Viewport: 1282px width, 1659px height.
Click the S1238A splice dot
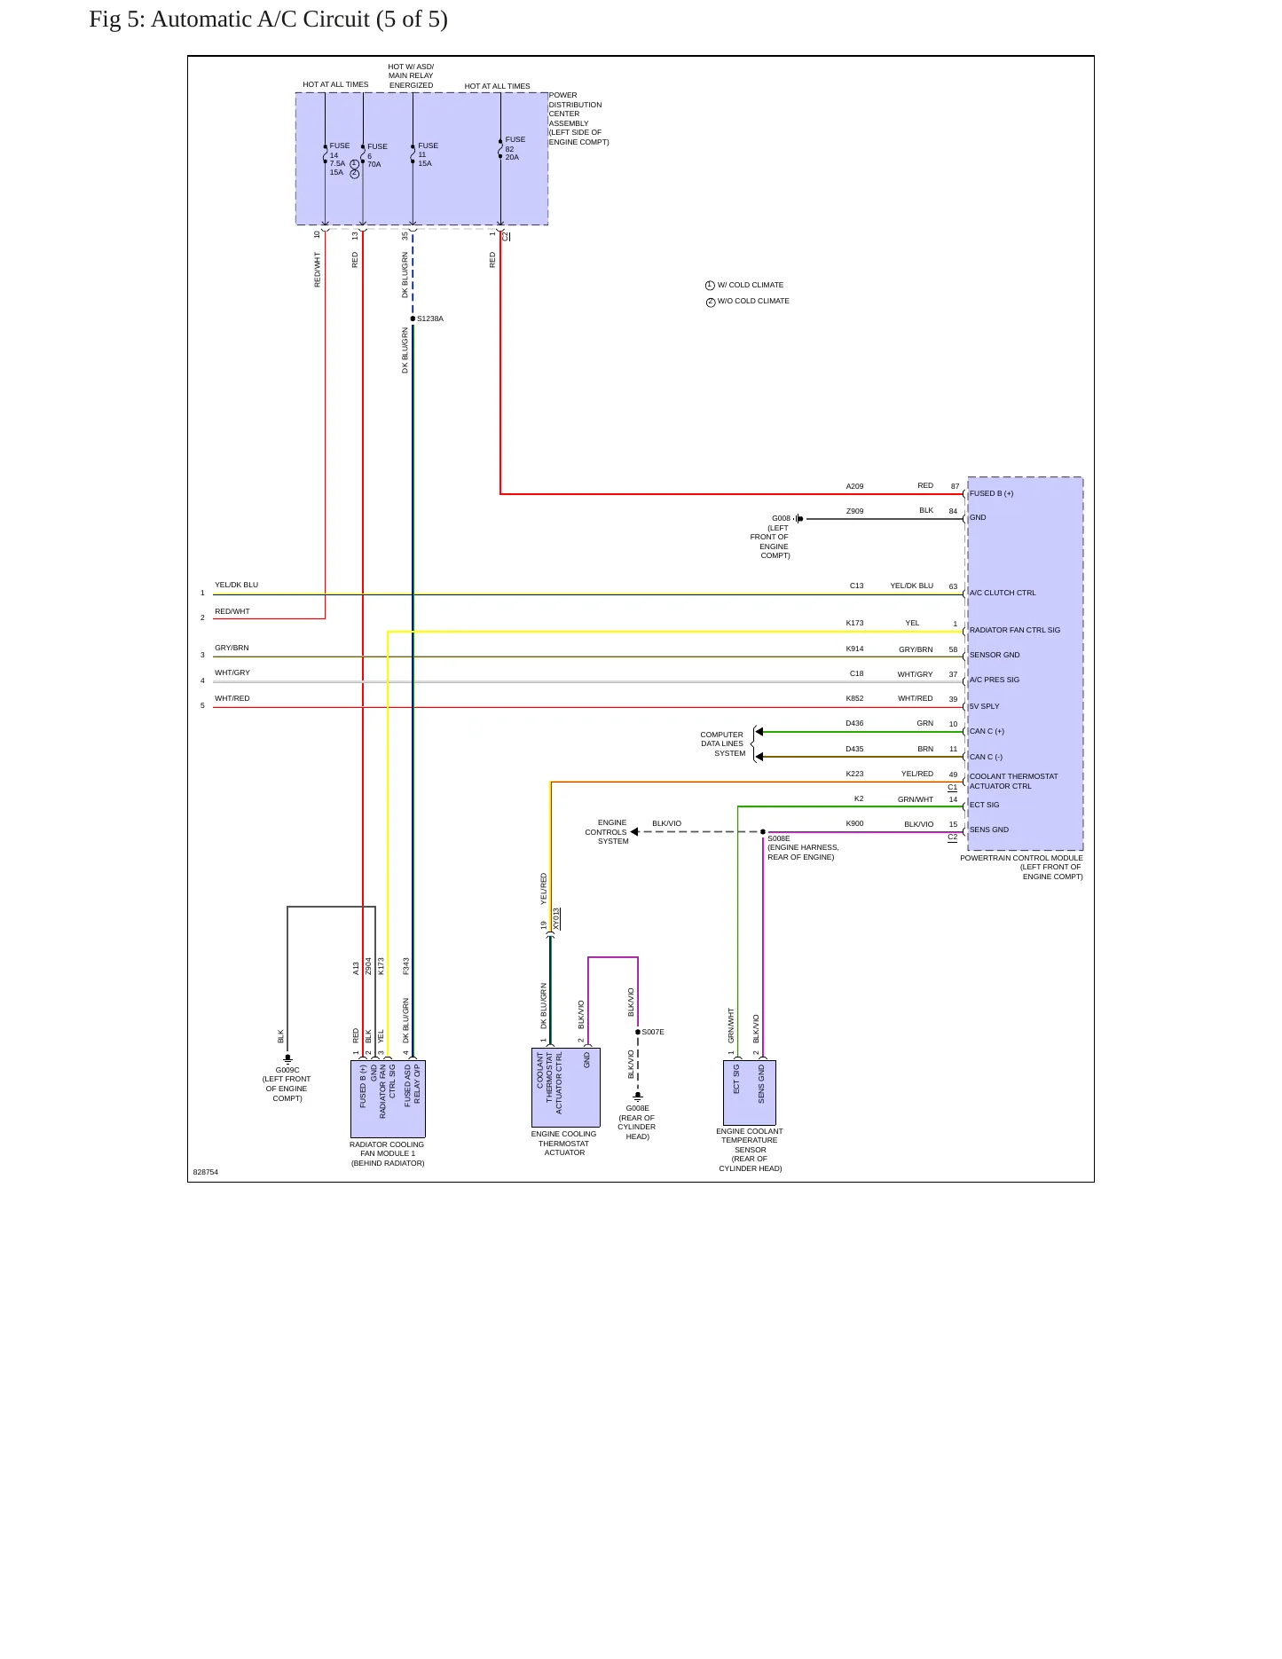(x=413, y=318)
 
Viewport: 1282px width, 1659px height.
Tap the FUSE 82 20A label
(x=515, y=148)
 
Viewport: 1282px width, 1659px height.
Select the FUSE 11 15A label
(x=428, y=154)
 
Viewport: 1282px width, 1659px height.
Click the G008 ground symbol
(x=798, y=519)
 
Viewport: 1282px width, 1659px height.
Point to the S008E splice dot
(x=763, y=832)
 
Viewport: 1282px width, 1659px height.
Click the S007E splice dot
(x=638, y=1032)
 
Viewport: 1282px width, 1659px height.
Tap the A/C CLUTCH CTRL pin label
(x=1003, y=593)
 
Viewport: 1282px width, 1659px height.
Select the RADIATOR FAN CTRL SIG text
(x=1015, y=630)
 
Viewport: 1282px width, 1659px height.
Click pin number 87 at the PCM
(x=955, y=486)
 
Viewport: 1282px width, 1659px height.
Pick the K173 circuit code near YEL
(x=854, y=623)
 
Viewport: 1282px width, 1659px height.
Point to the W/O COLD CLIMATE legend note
(x=753, y=301)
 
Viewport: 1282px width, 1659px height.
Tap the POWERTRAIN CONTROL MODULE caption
(x=1021, y=858)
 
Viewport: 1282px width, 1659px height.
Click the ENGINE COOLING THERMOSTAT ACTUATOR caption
(x=564, y=1144)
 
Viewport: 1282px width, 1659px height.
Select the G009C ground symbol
(x=287, y=1058)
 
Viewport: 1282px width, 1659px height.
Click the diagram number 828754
(x=206, y=1172)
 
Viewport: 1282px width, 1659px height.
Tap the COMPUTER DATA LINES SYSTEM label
(x=723, y=744)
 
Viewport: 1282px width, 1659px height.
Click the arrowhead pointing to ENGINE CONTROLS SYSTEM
(x=634, y=832)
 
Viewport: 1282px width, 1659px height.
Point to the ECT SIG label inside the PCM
(x=984, y=805)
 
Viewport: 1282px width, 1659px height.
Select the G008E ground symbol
(x=637, y=1097)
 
